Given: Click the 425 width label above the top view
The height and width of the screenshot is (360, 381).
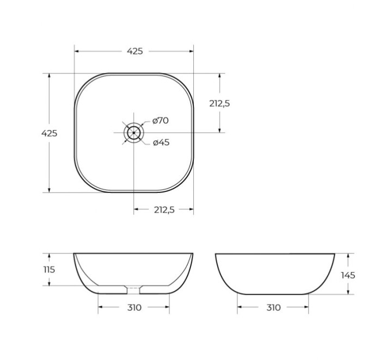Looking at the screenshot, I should [x=135, y=51].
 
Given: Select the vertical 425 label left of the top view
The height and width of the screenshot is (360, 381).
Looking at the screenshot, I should [x=50, y=133].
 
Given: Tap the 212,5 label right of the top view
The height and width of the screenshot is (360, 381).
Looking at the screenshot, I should [x=219, y=103].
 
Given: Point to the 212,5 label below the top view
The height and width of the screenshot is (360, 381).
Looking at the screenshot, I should [x=164, y=210].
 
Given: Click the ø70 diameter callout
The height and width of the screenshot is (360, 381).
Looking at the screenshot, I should [x=160, y=121].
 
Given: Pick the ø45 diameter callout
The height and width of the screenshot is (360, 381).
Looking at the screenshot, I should [x=161, y=142].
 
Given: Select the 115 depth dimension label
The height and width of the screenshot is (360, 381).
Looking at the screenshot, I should [x=50, y=270].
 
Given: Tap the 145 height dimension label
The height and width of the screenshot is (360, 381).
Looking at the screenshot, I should [x=348, y=275].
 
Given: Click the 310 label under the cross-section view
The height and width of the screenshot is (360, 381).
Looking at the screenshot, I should [x=134, y=308].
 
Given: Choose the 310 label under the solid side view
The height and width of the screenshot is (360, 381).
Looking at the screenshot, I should [x=273, y=308].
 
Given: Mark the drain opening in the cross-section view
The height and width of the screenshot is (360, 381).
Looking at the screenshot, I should [x=134, y=287].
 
